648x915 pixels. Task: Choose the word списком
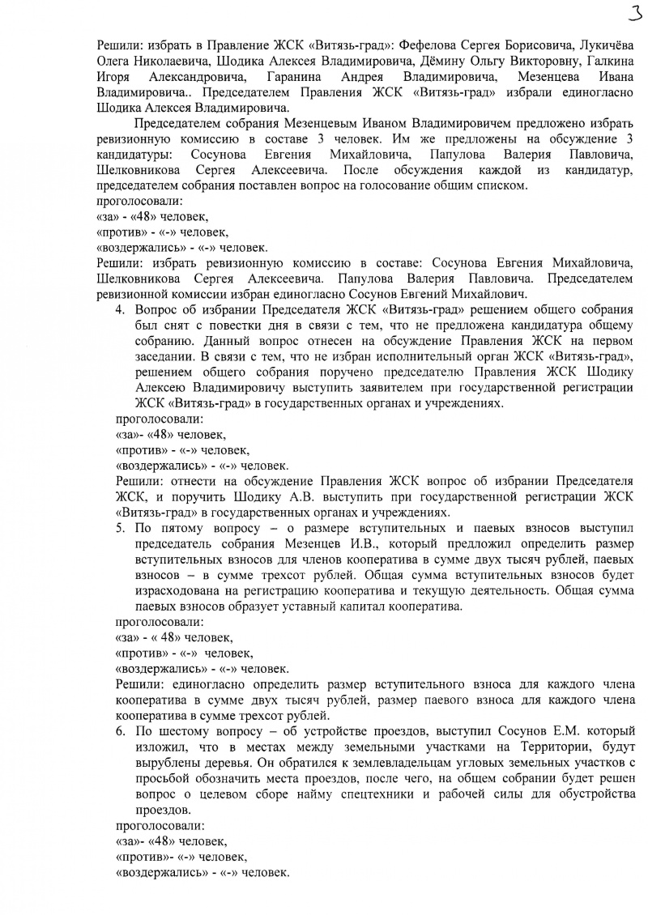502,185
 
